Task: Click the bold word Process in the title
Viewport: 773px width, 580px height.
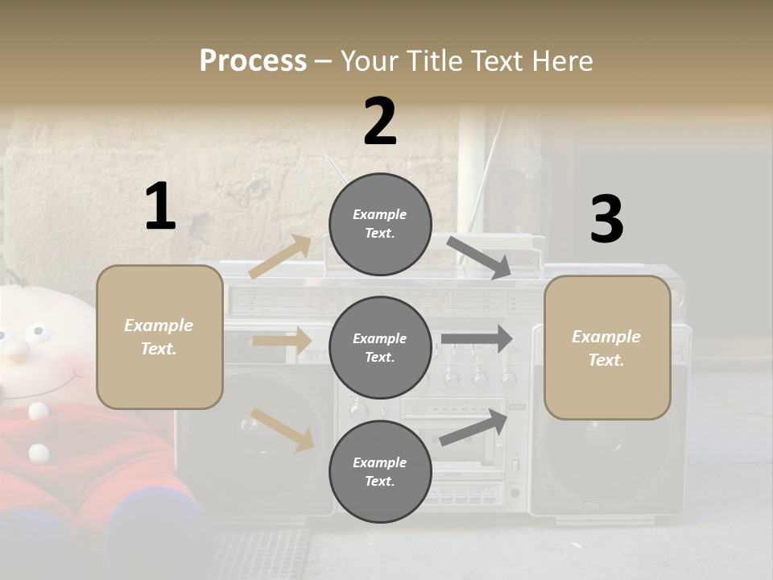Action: pos(253,61)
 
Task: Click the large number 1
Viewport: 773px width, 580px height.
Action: pos(160,206)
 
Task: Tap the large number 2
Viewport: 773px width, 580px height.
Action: pos(380,122)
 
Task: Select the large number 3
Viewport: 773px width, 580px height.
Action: pos(606,219)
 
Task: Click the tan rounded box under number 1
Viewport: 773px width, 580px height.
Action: pos(159,337)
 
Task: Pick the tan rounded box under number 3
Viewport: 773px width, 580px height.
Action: pos(607,348)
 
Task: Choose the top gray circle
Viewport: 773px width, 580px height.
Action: pos(380,224)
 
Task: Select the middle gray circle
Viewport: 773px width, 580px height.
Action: pos(380,348)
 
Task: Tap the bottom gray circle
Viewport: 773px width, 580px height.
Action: pos(380,472)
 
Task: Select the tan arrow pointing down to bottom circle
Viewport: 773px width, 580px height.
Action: pos(283,429)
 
